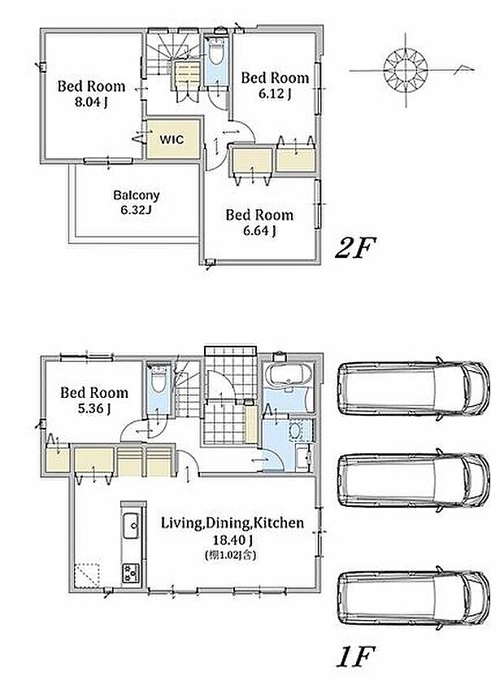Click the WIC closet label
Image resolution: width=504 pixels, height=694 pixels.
pos(172,139)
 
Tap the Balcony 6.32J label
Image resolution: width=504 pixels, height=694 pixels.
pos(137,202)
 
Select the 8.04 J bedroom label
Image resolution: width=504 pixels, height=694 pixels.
pos(92,94)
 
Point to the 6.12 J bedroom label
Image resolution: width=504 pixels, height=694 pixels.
pos(275,85)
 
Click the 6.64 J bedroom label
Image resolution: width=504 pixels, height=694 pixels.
pos(259,222)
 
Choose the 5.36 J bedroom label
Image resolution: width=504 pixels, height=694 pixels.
pos(94,400)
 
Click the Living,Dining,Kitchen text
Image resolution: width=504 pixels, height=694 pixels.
pos(232,522)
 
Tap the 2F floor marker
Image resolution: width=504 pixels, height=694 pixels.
pos(355,247)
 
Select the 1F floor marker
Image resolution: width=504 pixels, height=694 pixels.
pos(355,656)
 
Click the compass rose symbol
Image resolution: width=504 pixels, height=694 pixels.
pos(406,69)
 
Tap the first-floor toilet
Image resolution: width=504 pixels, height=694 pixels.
pos(158,379)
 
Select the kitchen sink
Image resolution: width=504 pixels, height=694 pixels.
pos(131,526)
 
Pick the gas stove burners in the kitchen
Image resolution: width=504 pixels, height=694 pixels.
pos(131,573)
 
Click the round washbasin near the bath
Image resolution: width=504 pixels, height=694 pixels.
pos(295,430)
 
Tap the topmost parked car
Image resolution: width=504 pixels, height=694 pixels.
pos(414,388)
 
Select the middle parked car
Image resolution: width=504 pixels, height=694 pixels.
pos(414,480)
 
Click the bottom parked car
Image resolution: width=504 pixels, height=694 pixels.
pos(414,597)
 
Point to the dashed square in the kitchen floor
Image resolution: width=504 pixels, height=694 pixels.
pos(87,575)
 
